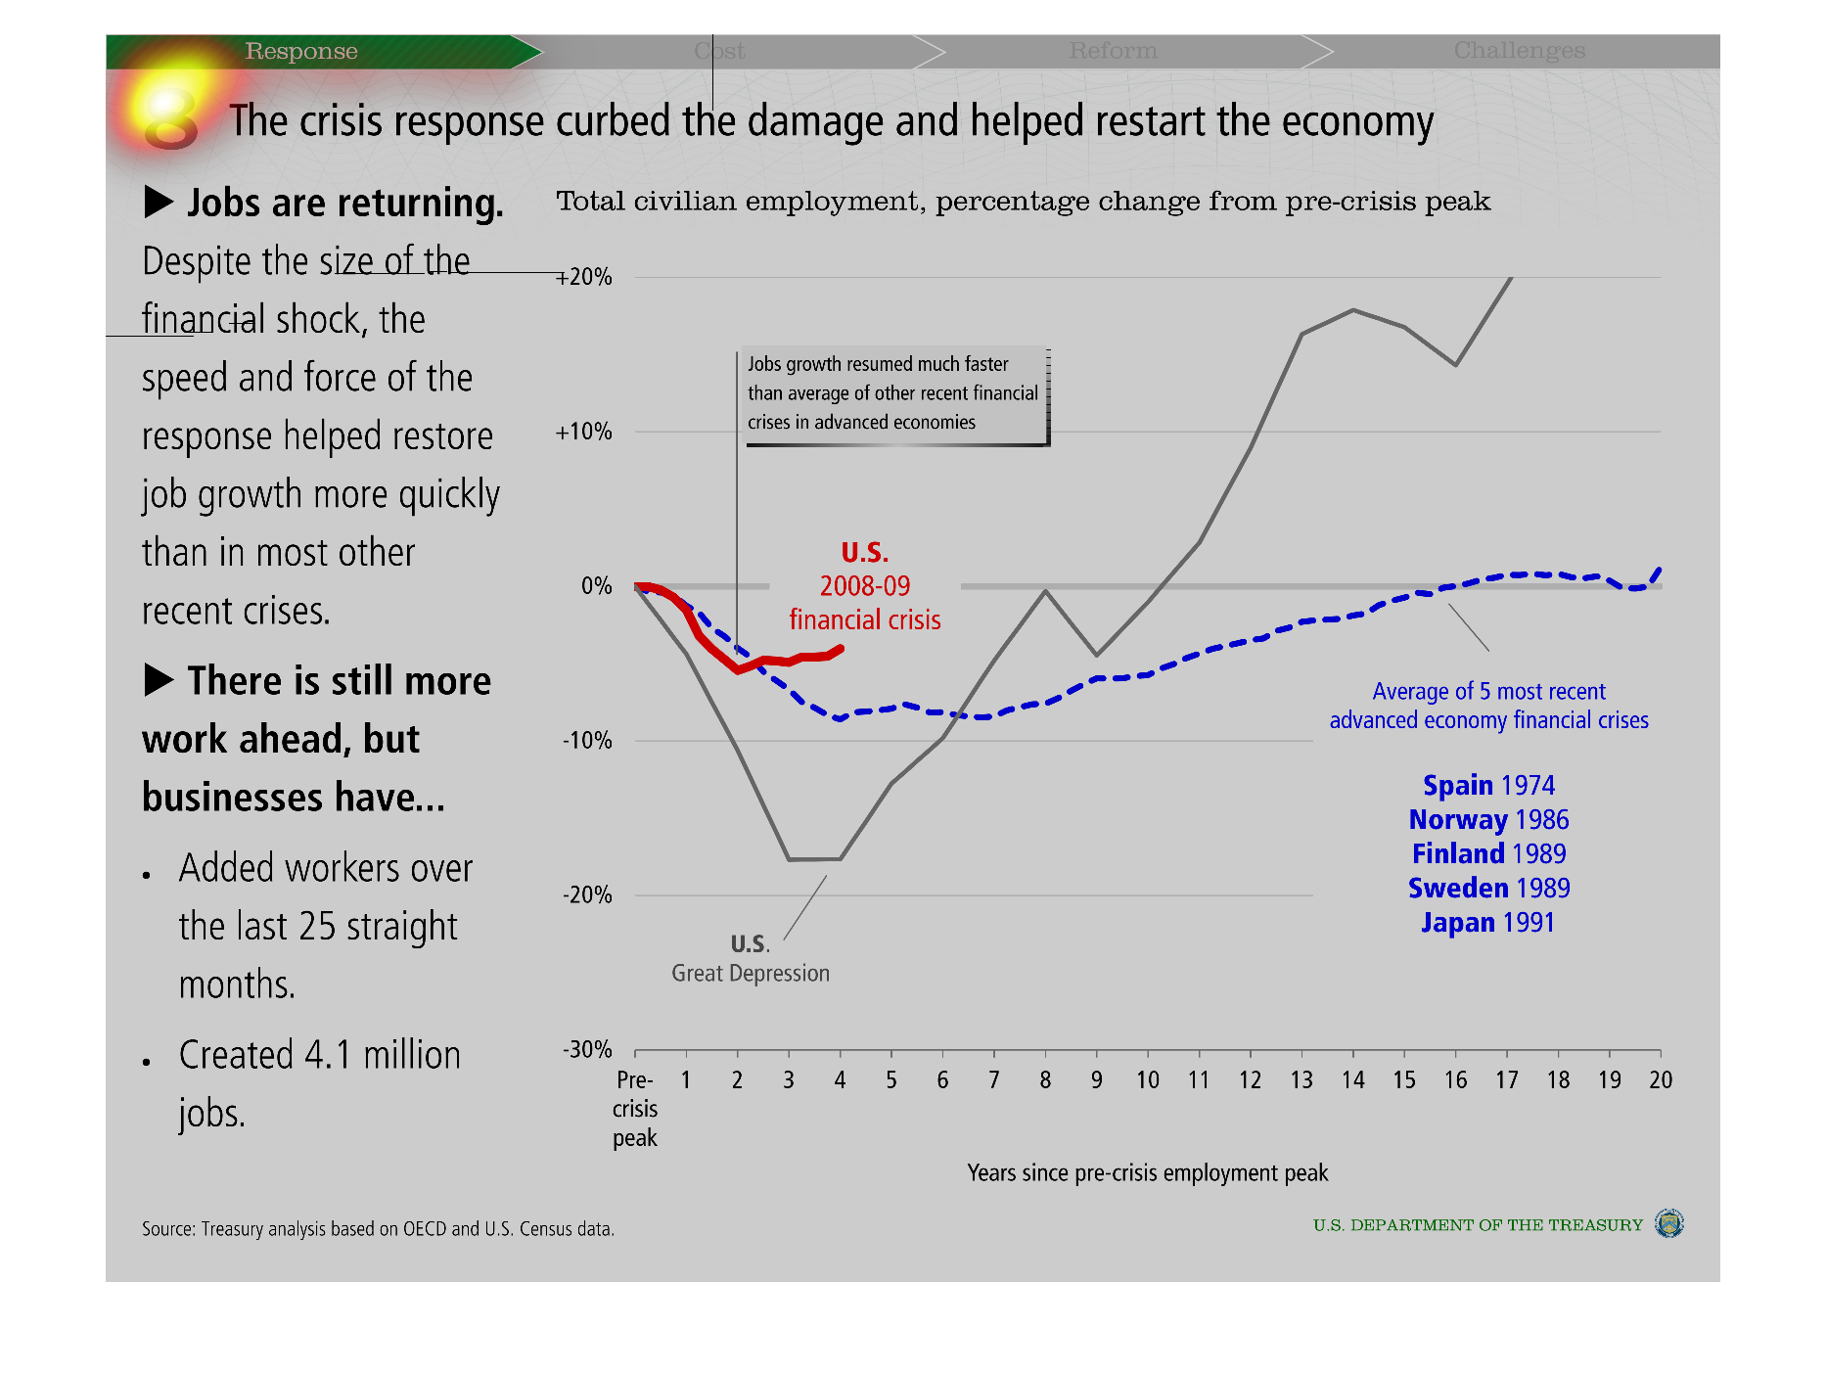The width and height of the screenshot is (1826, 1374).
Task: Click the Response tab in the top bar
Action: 301,51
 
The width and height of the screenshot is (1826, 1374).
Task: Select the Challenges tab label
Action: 1519,51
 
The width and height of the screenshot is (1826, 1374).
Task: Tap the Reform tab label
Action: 1113,51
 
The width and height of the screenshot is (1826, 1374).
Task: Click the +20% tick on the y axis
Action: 584,277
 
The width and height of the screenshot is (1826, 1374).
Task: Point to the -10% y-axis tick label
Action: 587,741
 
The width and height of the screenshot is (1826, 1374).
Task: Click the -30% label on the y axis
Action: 587,1049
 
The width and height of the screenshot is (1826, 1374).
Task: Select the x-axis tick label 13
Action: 1301,1079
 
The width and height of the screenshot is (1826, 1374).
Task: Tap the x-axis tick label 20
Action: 1661,1079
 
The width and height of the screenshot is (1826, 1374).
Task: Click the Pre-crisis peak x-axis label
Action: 635,1109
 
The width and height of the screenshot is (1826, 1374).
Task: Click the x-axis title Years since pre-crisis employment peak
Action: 1147,1172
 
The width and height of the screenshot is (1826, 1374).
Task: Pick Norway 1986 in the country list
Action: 1488,819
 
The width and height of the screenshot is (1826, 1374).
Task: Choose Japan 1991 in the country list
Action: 1487,922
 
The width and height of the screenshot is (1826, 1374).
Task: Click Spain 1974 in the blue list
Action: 1488,785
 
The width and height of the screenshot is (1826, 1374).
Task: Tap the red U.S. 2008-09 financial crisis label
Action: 865,586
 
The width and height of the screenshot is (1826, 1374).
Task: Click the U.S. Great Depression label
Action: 751,959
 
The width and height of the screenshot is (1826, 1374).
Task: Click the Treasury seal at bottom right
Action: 1668,1223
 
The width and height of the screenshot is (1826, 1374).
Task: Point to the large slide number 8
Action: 170,119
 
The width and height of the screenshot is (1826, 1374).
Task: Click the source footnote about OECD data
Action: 378,1228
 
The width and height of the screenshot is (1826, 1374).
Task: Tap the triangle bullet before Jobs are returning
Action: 159,203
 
